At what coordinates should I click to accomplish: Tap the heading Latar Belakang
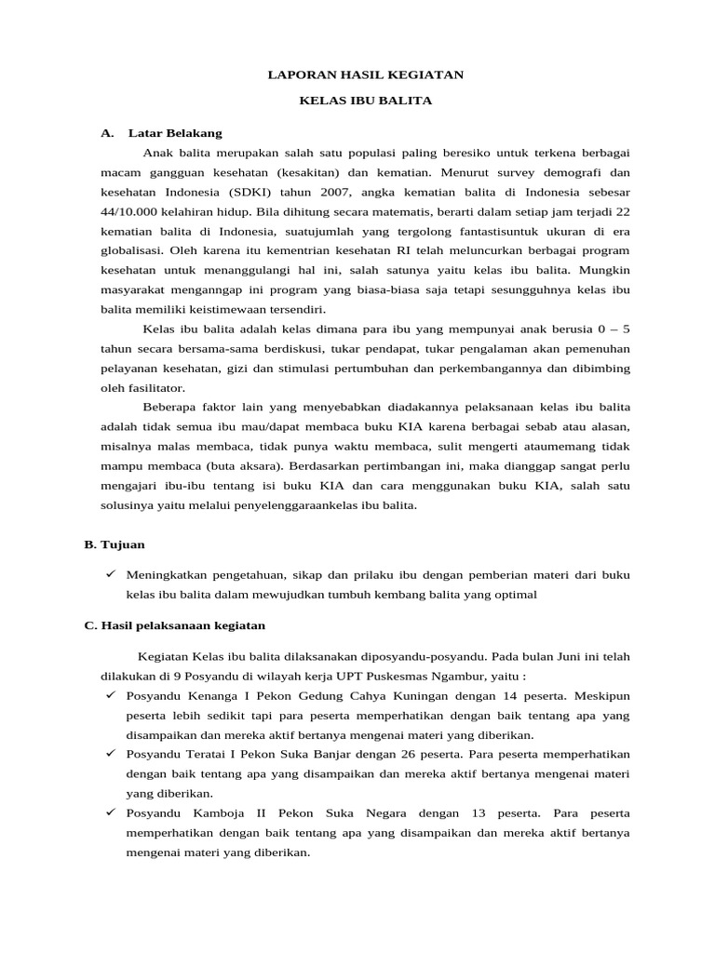point(175,133)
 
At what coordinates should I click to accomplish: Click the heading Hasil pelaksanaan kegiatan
point(174,625)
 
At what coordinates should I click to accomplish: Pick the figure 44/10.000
point(137,211)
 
